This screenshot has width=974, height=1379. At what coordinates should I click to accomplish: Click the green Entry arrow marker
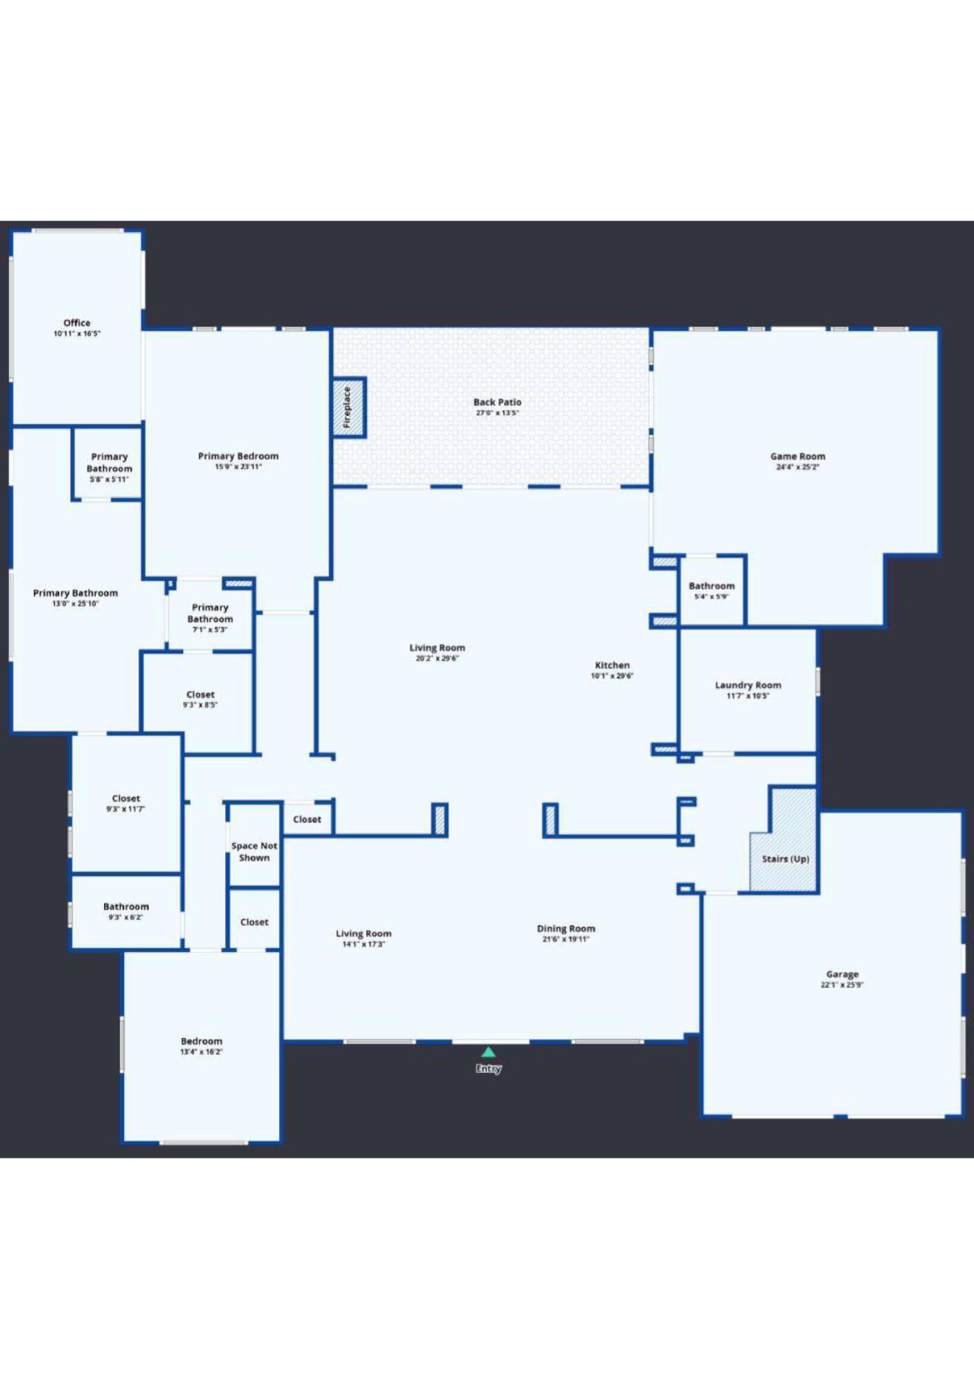[x=488, y=1052]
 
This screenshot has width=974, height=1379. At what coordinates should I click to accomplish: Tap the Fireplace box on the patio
[x=348, y=407]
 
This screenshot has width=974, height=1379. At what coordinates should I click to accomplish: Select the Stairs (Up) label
[x=785, y=858]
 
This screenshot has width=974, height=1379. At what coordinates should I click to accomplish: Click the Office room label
[x=77, y=323]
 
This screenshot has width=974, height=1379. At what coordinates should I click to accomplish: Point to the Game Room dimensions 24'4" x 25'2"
[x=798, y=467]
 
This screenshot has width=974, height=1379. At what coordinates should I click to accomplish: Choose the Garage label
[x=842, y=974]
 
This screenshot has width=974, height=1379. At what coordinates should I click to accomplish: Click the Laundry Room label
[x=748, y=685]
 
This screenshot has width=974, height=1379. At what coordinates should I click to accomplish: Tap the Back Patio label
[x=497, y=402]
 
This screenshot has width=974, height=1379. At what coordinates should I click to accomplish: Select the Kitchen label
[x=612, y=665]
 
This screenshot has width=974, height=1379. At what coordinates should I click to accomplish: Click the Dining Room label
[x=566, y=928]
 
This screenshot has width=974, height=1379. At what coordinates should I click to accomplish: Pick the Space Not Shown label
[x=254, y=852]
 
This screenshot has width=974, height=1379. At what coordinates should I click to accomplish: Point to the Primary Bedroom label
[x=239, y=456]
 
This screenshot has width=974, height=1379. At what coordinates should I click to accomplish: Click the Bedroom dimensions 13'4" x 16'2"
[x=201, y=1051]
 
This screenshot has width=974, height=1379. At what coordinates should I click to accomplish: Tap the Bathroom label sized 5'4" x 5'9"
[x=711, y=585]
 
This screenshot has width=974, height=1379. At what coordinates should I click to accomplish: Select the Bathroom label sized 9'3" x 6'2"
[x=126, y=906]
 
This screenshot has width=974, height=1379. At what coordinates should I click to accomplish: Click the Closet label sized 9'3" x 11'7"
[x=126, y=798]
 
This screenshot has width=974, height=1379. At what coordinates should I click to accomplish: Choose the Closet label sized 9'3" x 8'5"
[x=201, y=694]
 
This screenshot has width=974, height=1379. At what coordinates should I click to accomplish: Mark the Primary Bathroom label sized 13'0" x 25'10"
[x=76, y=593]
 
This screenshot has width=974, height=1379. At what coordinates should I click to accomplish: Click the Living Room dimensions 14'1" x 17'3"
[x=363, y=944]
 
